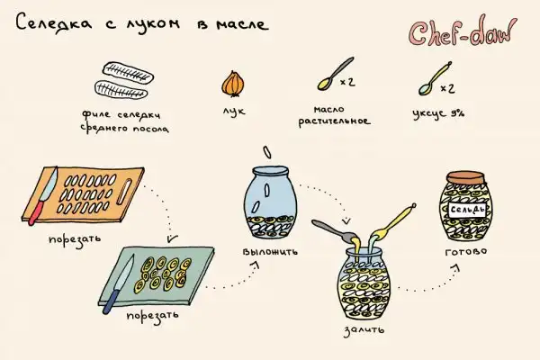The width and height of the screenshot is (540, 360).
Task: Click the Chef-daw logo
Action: coord(463,32)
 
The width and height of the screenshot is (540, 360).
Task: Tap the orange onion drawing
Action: coord(233,84)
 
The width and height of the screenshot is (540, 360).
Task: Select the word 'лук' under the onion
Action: coord(234,111)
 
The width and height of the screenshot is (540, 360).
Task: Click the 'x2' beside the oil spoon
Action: coord(347,82)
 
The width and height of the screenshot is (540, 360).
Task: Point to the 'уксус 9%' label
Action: coord(438,114)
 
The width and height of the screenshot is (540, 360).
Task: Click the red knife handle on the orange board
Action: coord(36,213)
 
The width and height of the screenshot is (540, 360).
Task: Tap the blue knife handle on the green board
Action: coord(111,301)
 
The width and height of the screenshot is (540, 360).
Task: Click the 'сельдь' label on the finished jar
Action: coord(468,210)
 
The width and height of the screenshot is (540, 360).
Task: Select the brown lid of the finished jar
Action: coord(465,178)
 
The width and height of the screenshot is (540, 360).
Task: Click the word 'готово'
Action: coord(466,251)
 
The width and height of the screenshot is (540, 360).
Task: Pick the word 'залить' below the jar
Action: coord(364,330)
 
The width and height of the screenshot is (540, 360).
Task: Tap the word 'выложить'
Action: coord(270,251)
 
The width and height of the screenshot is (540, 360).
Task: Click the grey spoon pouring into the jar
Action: coord(335,230)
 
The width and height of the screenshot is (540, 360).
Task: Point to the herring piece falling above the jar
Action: coord(267,152)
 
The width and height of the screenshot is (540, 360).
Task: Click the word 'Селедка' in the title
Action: coord(54,22)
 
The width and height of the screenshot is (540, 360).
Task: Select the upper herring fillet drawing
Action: coord(128,72)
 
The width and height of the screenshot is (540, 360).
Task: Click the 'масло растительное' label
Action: coord(334,115)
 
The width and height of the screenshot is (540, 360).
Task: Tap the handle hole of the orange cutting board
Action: coord(124,192)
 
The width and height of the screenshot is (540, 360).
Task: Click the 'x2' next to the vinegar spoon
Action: coord(447,88)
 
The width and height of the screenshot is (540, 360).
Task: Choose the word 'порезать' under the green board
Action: coord(153,316)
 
